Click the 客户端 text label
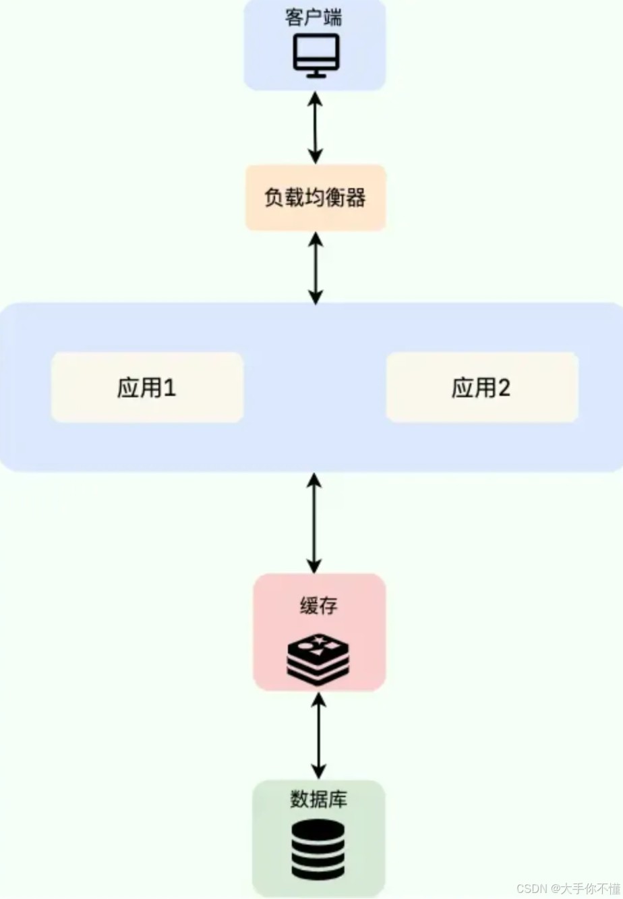tap(314, 17)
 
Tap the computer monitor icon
tap(316, 54)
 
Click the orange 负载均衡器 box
tap(316, 198)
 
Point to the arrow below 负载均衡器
tap(315, 268)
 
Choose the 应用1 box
tap(147, 388)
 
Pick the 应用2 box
tap(481, 388)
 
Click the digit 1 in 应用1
tap(169, 388)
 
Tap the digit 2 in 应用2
tap(503, 388)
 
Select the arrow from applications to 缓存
tap(314, 523)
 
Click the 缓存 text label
tap(318, 606)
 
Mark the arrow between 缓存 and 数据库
tap(318, 735)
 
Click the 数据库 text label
tap(318, 799)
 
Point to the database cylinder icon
tap(318, 850)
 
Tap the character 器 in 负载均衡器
tap(355, 198)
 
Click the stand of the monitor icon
tap(316, 73)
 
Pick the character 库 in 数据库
tap(338, 799)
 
